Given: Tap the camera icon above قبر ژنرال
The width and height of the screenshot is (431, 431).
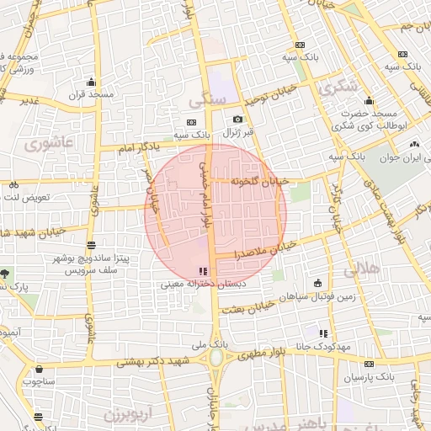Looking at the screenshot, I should point(237,120).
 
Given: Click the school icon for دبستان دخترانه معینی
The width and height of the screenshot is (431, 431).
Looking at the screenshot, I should point(202,271).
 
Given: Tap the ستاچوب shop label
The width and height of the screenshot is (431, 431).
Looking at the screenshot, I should point(39,380).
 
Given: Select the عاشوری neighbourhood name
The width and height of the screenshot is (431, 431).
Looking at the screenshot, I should point(49,144).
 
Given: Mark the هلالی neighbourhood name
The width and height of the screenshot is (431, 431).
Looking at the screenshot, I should point(363,269).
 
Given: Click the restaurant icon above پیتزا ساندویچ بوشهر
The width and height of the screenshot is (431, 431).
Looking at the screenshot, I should point(90,246).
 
